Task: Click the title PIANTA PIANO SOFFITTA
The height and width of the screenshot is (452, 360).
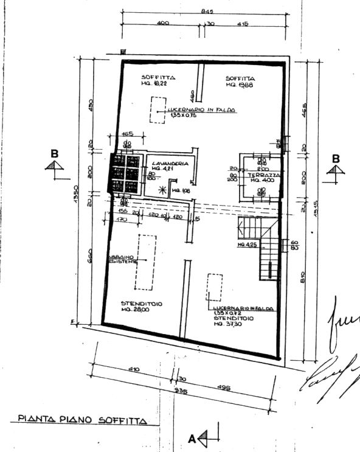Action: pyautogui.click(x=83, y=419)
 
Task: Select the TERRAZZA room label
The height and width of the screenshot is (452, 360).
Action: pyautogui.click(x=263, y=175)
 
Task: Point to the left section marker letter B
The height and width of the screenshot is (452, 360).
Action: pyautogui.click(x=55, y=154)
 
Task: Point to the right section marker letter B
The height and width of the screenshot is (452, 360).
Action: pyautogui.click(x=335, y=158)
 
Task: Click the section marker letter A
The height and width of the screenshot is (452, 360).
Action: pyautogui.click(x=192, y=437)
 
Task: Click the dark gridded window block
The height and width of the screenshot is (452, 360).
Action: pyautogui.click(x=125, y=173)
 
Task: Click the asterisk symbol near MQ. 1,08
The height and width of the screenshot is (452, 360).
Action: pyautogui.click(x=162, y=190)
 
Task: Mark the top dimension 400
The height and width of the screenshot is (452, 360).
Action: pyautogui.click(x=162, y=23)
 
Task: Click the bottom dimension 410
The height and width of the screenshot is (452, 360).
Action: pyautogui.click(x=134, y=369)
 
